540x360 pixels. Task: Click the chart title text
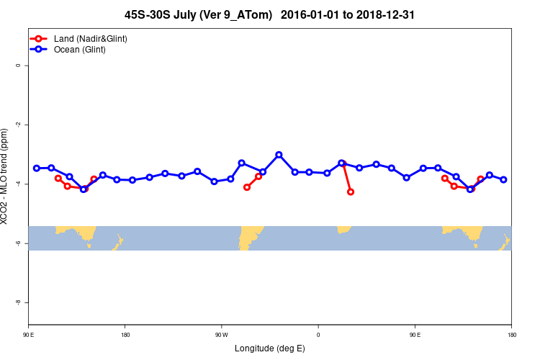pyautogui.click(x=269, y=14)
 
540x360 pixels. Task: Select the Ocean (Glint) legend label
pyautogui.click(x=80, y=50)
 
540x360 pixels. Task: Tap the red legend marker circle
pyautogui.click(x=40, y=38)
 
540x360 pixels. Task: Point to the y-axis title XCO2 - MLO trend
pyautogui.click(x=6, y=176)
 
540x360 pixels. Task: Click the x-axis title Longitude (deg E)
pyautogui.click(x=270, y=348)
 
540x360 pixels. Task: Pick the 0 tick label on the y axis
pyautogui.click(x=18, y=66)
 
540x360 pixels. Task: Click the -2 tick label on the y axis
pyautogui.click(x=18, y=125)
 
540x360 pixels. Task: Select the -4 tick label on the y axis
pyautogui.click(x=18, y=184)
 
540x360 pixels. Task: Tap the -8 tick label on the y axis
pyautogui.click(x=18, y=303)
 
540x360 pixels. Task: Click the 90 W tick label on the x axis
pyautogui.click(x=221, y=335)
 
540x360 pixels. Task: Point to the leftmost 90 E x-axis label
pyautogui.click(x=29, y=335)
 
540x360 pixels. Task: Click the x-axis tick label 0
pyautogui.click(x=318, y=335)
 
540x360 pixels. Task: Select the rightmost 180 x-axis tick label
pyautogui.click(x=511, y=335)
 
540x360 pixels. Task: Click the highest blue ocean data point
pyautogui.click(x=279, y=155)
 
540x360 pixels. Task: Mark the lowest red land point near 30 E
pyautogui.click(x=351, y=192)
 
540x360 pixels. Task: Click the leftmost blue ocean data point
pyautogui.click(x=37, y=168)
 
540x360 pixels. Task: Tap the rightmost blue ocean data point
pyautogui.click(x=503, y=179)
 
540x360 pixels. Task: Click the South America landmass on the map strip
pyautogui.click(x=248, y=236)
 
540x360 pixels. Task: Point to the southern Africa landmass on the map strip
pyautogui.click(x=344, y=229)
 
